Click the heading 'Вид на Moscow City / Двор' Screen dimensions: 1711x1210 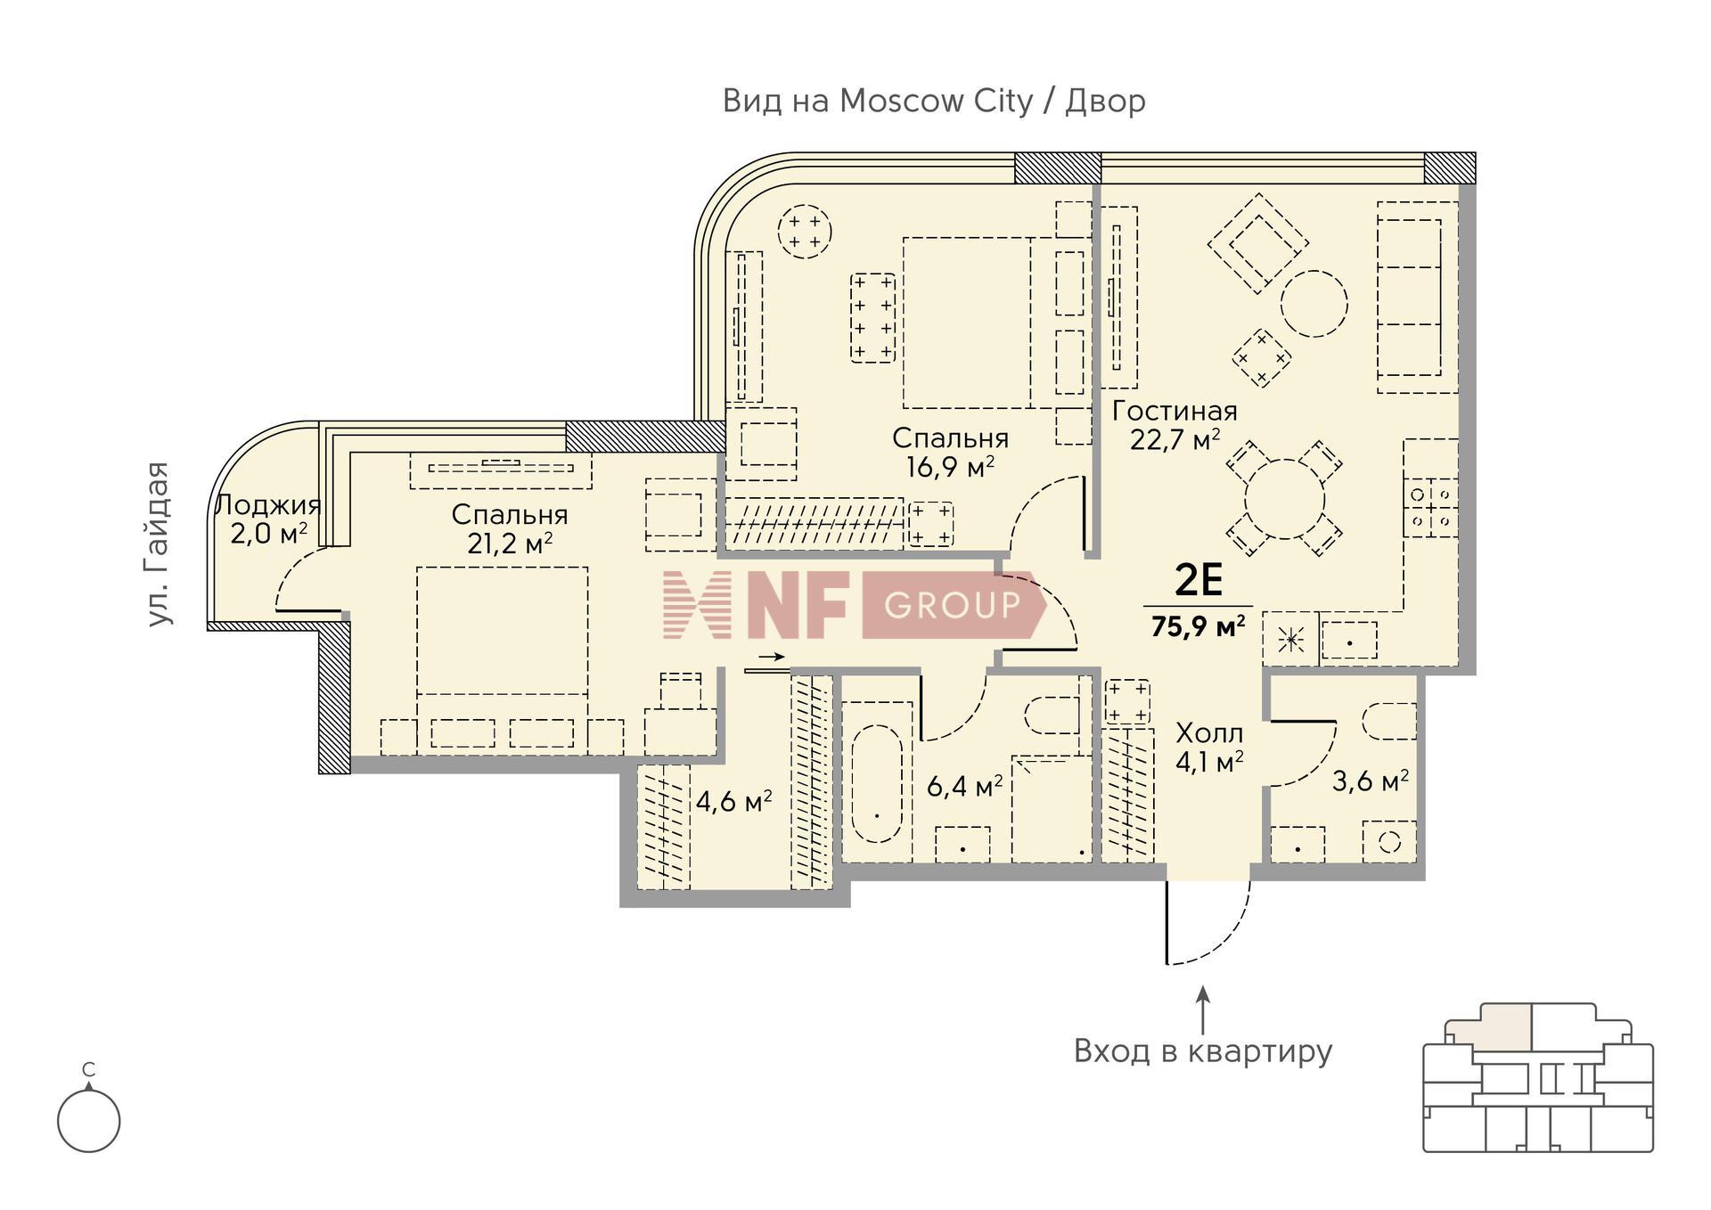click(x=934, y=102)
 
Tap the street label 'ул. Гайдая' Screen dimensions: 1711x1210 click(x=158, y=544)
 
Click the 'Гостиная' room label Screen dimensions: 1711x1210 click(x=1175, y=411)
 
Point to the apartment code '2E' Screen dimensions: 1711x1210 click(x=1199, y=581)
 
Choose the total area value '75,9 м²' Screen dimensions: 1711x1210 click(x=1198, y=626)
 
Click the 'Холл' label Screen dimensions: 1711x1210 click(x=1209, y=733)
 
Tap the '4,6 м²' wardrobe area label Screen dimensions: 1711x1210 click(x=733, y=801)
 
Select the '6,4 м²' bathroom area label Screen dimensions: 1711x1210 click(x=965, y=786)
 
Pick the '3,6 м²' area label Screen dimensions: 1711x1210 click(x=1370, y=781)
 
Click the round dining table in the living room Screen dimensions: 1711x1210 click(x=1285, y=499)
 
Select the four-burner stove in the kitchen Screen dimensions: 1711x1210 click(x=1431, y=507)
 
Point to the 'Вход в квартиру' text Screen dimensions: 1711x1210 click(x=1203, y=1051)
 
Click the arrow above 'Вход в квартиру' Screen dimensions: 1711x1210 click(x=1203, y=1010)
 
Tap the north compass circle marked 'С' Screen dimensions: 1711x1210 click(x=88, y=1120)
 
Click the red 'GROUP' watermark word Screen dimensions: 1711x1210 click(x=952, y=605)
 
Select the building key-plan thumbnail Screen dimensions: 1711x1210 click(x=1538, y=1077)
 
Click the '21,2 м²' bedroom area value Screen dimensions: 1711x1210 click(x=510, y=543)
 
